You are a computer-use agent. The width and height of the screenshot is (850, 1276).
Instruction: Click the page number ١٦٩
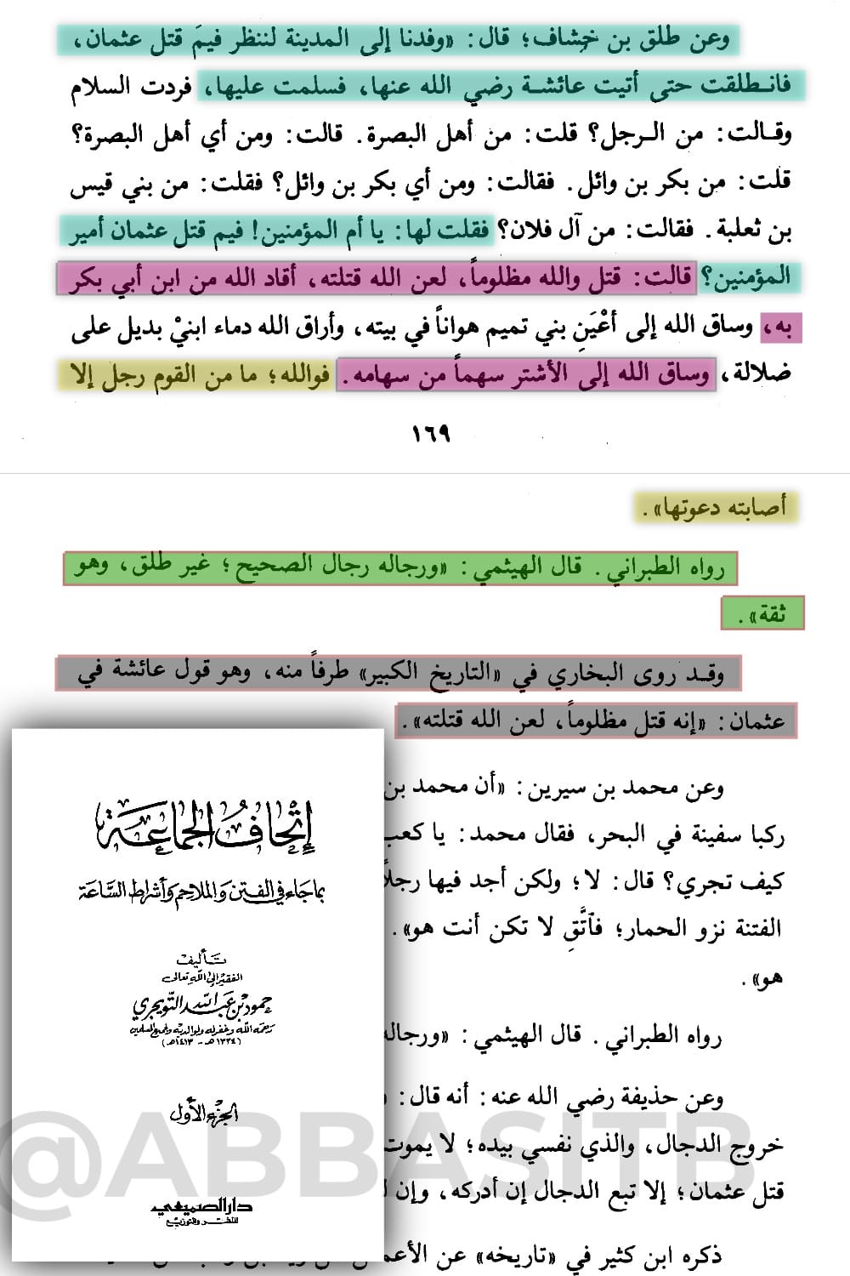point(431,435)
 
